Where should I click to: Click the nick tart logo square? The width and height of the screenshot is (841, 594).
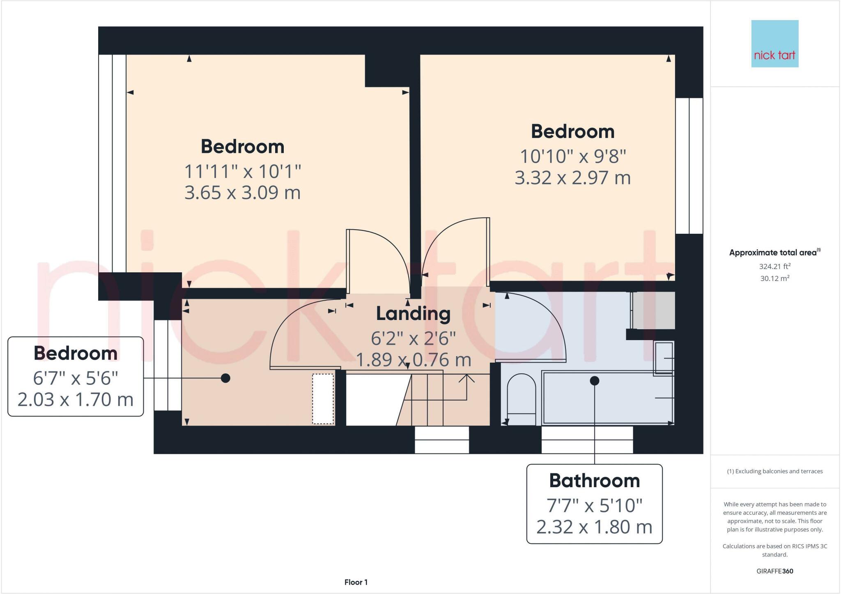pyautogui.click(x=774, y=44)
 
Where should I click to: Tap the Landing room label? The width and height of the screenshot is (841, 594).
pyautogui.click(x=413, y=314)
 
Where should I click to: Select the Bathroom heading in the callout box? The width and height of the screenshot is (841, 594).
pyautogui.click(x=594, y=481)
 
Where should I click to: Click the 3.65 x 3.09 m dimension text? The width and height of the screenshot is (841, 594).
pyautogui.click(x=242, y=193)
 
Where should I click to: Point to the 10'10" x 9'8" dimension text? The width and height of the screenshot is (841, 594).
pyautogui.click(x=573, y=157)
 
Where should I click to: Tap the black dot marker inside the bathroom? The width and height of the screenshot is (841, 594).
pyautogui.click(x=594, y=381)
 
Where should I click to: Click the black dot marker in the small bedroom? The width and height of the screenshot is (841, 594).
pyautogui.click(x=225, y=378)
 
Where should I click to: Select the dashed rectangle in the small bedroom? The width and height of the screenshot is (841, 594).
pyautogui.click(x=323, y=398)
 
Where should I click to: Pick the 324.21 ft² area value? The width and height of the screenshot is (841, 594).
pyautogui.click(x=774, y=266)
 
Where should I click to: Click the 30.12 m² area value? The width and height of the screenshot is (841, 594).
pyautogui.click(x=774, y=278)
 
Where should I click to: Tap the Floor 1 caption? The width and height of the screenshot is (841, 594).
pyautogui.click(x=356, y=582)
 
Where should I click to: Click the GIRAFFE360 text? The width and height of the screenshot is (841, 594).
pyautogui.click(x=774, y=571)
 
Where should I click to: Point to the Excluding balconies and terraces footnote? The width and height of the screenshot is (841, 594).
pyautogui.click(x=774, y=471)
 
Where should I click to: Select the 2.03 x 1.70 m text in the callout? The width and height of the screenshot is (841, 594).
pyautogui.click(x=76, y=400)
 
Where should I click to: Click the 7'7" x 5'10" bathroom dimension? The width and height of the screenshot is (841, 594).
pyautogui.click(x=594, y=506)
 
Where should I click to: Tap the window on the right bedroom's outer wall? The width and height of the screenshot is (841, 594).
pyautogui.click(x=689, y=166)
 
